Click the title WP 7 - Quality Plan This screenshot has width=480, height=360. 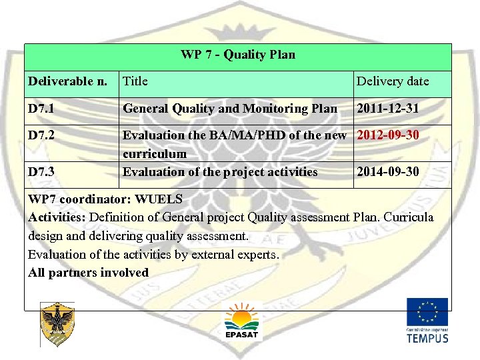(x=237, y=55)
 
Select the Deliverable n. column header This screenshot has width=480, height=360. (x=67, y=81)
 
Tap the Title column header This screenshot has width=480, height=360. (x=135, y=81)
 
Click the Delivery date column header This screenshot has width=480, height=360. (x=393, y=81)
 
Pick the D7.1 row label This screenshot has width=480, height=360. (x=43, y=108)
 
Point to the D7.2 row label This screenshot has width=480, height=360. (x=43, y=135)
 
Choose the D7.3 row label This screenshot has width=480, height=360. (x=43, y=172)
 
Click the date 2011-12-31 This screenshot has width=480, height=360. (x=388, y=108)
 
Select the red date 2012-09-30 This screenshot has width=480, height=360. (x=388, y=135)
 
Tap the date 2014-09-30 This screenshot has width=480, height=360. (x=388, y=172)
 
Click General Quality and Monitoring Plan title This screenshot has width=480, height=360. (x=230, y=108)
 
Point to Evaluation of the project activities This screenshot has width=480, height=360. (x=220, y=172)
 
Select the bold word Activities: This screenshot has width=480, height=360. (x=57, y=217)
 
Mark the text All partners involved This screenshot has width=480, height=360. (x=88, y=273)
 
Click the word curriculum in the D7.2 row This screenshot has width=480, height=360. (x=154, y=154)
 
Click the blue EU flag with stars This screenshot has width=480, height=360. (x=427, y=312)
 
